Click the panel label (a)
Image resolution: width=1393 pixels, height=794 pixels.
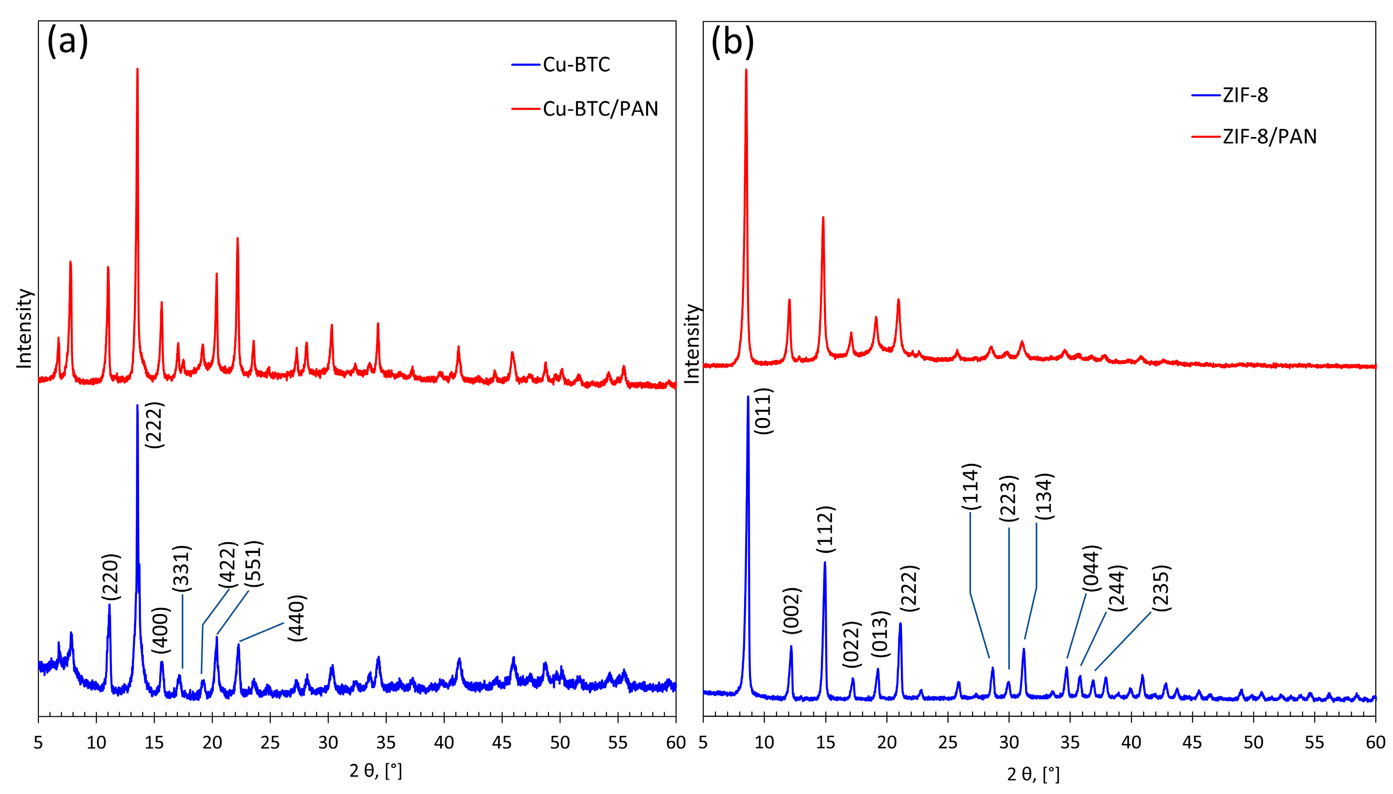coord(67,41)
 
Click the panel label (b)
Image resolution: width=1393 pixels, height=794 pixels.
coord(733,41)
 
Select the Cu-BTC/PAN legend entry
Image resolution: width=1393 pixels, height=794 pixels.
coord(600,109)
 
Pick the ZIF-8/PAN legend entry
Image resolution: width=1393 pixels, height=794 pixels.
coord(1269,136)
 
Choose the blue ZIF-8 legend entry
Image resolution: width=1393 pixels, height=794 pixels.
coord(1245,95)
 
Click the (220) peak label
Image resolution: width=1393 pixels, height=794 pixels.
coord(111,577)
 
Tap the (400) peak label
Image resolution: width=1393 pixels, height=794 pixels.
coord(161,630)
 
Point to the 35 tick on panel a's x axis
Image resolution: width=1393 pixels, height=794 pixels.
coord(385,743)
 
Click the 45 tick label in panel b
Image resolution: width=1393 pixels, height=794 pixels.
coord(1192,743)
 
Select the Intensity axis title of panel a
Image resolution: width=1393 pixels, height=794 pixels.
coord(24,328)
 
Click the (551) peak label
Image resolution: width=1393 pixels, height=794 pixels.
coord(253,564)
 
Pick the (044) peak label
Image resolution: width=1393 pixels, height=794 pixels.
coord(1091,568)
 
